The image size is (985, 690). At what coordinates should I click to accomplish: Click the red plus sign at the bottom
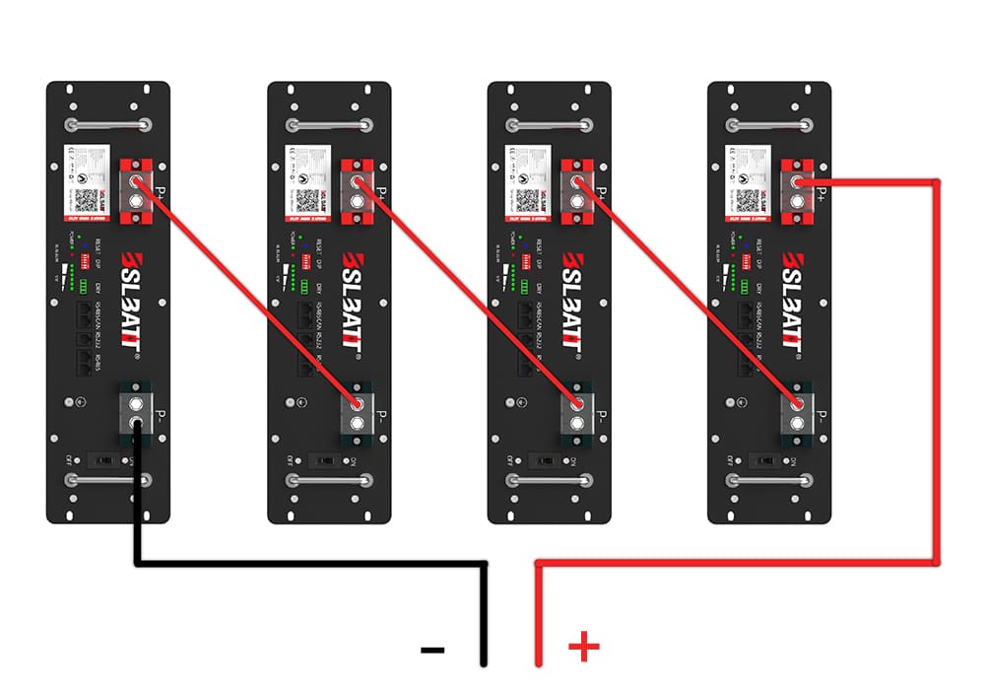583,647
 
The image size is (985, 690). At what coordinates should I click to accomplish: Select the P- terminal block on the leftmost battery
137,410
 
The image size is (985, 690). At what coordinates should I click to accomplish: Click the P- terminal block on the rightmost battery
799,410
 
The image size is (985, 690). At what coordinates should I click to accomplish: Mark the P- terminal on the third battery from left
578,410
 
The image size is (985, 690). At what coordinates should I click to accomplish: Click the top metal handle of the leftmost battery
108,125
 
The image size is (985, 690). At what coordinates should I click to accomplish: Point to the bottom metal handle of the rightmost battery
770,480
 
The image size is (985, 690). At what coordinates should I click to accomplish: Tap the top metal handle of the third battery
550,125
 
